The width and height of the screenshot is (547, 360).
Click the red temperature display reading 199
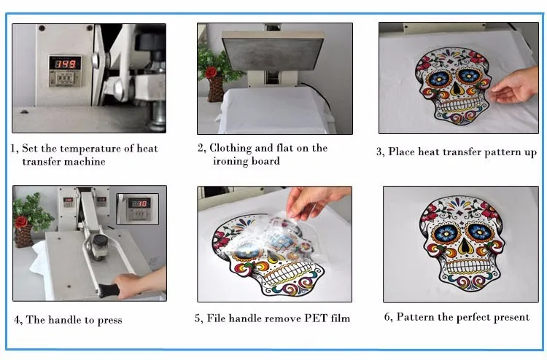65,63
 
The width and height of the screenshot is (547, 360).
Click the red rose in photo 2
211,72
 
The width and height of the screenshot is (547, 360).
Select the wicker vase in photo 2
216,90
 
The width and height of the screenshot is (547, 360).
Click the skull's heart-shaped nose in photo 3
456,90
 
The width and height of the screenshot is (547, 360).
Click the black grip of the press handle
109,290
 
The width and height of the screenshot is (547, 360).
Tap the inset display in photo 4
137,208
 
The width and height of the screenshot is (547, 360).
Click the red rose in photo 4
21,222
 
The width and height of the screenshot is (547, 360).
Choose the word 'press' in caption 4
110,321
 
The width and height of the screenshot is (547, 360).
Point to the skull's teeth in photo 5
287,273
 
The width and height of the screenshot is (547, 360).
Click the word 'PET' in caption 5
316,318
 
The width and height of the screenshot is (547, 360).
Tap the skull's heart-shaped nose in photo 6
464,246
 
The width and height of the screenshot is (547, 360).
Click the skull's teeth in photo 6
464,266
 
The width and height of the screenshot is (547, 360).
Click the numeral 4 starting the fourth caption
17,320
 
